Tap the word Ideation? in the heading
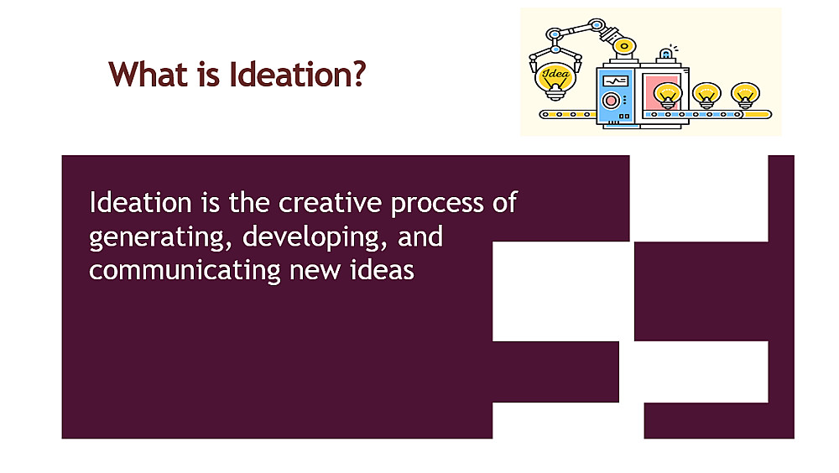pyautogui.click(x=298, y=74)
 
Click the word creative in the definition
pyautogui.click(x=330, y=203)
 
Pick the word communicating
pyautogui.click(x=185, y=271)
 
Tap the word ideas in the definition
pyautogui.click(x=382, y=270)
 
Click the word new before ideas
pyautogui.click(x=315, y=272)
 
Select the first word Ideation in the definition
pyautogui.click(x=140, y=203)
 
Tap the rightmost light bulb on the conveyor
pyautogui.click(x=745, y=95)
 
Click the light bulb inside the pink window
pyautogui.click(x=667, y=95)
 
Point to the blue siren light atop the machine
pyautogui.click(x=665, y=54)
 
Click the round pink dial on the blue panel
pyautogui.click(x=611, y=101)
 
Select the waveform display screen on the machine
pyautogui.click(x=615, y=81)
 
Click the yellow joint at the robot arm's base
pyautogui.click(x=624, y=46)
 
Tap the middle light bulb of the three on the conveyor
pyautogui.click(x=706, y=95)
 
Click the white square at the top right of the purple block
pyautogui.click(x=699, y=198)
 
